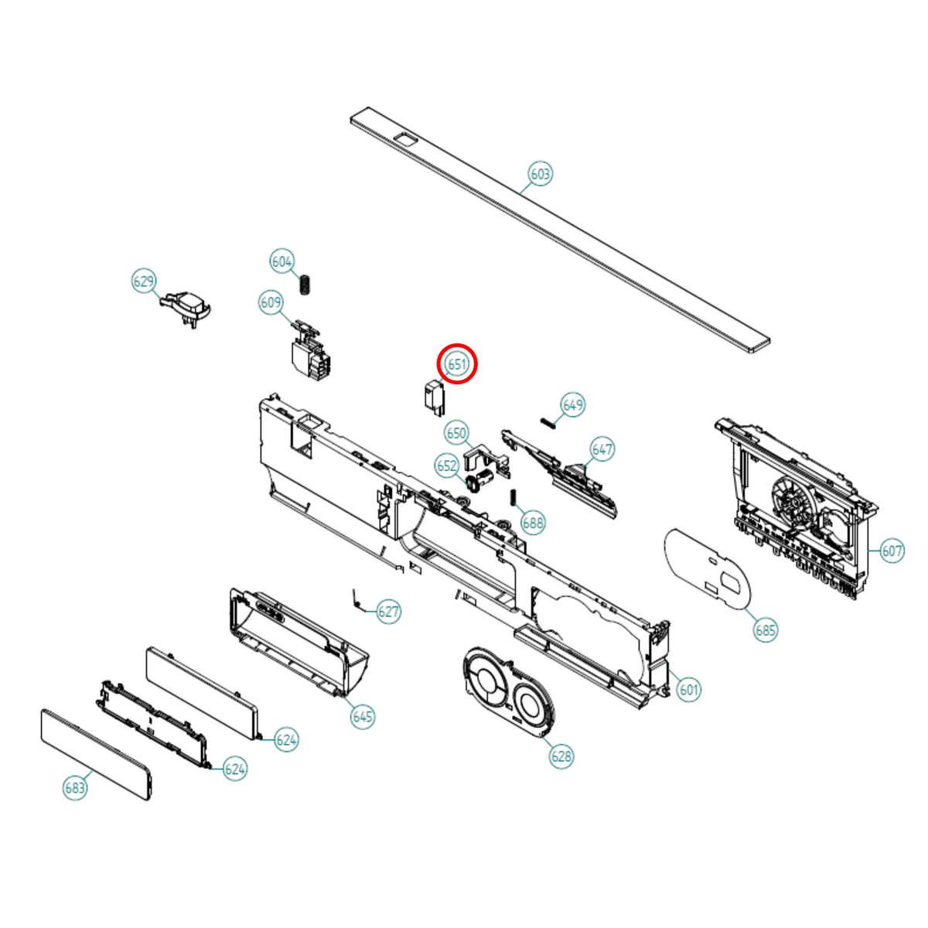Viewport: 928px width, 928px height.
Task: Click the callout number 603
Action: [541, 174]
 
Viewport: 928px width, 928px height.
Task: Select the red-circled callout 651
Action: [456, 364]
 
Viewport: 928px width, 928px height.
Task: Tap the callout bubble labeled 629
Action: [144, 281]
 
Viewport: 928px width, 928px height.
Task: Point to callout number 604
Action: [281, 261]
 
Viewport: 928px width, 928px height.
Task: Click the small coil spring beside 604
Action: [305, 285]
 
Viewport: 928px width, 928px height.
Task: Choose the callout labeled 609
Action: [271, 302]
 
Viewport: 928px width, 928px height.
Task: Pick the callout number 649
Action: [573, 405]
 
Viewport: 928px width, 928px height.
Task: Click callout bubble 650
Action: [456, 433]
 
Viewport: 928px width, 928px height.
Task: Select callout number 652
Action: [447, 466]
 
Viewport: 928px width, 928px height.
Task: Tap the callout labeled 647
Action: [602, 449]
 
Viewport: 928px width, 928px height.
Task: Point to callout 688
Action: [533, 523]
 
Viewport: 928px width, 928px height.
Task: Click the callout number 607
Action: [892, 551]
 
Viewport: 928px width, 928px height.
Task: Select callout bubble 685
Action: [766, 630]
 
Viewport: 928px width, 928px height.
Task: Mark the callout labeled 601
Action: [689, 690]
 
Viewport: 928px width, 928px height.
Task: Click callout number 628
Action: [561, 756]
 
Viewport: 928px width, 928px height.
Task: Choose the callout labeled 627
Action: [388, 612]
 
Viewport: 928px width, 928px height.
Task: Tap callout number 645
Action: [363, 717]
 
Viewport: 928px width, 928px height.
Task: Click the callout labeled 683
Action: [75, 788]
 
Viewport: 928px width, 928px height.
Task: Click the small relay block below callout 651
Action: [435, 397]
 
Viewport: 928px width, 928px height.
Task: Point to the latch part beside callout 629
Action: [186, 307]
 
